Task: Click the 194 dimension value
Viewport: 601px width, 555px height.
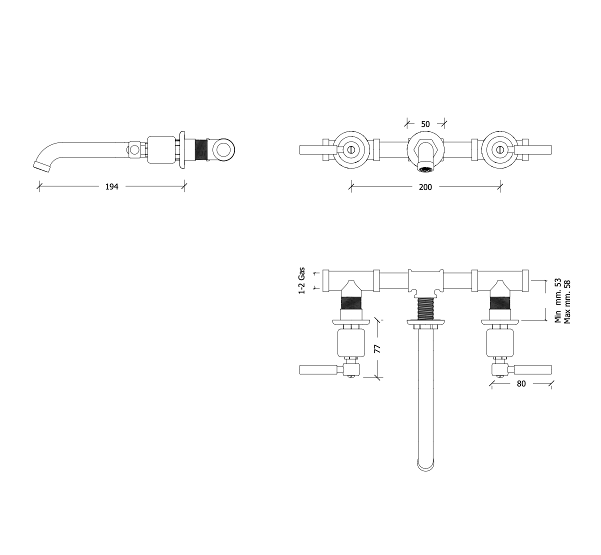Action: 111,186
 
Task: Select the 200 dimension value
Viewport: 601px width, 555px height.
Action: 425,187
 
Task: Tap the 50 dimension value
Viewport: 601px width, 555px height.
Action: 425,124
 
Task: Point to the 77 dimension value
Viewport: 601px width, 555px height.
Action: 377,348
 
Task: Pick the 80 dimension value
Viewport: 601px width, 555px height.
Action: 521,383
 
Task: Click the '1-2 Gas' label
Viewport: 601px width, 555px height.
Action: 301,280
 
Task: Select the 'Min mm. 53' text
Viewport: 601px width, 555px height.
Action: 557,300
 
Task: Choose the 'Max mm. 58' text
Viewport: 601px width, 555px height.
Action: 567,302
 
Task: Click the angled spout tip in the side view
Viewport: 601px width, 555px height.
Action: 41,166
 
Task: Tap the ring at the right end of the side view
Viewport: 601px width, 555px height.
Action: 223,150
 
